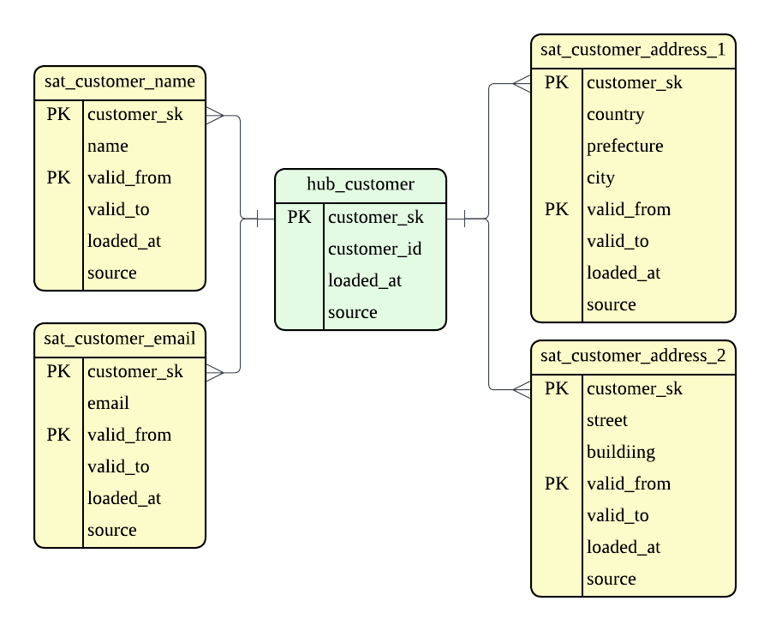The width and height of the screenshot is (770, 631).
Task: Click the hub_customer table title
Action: click(x=360, y=184)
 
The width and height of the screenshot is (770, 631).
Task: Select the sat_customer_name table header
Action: click(x=120, y=82)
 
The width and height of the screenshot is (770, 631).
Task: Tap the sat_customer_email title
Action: click(x=120, y=340)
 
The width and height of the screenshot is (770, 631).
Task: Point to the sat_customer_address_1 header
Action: click(x=633, y=51)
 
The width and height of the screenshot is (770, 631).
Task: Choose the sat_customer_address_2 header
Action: click(x=633, y=357)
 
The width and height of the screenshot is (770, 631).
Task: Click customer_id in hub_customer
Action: click(x=374, y=249)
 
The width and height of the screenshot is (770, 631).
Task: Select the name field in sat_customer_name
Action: click(x=108, y=147)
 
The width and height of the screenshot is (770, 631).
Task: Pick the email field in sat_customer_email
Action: click(x=109, y=404)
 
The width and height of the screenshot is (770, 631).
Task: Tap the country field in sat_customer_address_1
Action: click(x=615, y=115)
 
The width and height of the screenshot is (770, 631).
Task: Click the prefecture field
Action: click(x=624, y=147)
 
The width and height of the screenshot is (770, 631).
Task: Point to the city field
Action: click(x=600, y=178)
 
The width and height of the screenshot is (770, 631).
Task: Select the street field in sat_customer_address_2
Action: click(x=607, y=421)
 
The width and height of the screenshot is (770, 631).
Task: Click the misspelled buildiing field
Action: click(x=621, y=453)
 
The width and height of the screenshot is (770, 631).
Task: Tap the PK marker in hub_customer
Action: click(x=300, y=218)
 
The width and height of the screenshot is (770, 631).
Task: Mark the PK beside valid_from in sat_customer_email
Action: click(x=59, y=436)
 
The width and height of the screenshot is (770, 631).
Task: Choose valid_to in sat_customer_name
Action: click(x=118, y=210)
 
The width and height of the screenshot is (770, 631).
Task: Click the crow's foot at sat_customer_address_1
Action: click(x=521, y=83)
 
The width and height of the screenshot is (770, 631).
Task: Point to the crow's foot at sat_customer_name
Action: click(x=216, y=115)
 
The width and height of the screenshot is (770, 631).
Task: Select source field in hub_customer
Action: click(x=352, y=313)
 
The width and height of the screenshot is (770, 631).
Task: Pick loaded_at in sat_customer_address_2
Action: click(x=624, y=548)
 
